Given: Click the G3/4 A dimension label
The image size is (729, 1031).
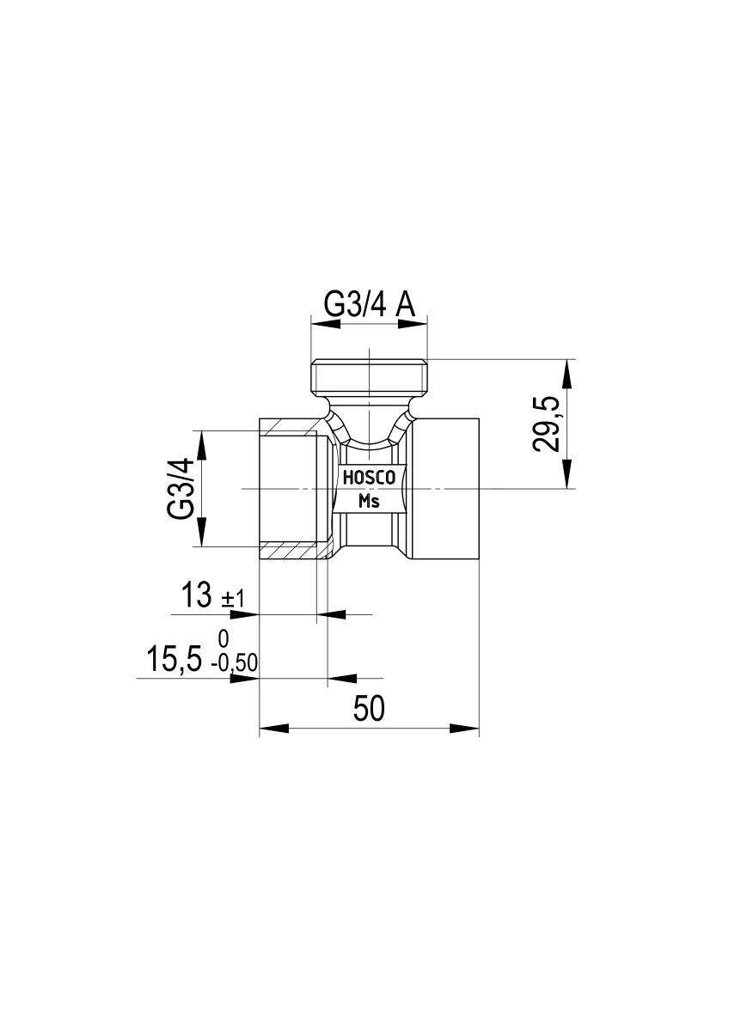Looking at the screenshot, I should (x=369, y=304).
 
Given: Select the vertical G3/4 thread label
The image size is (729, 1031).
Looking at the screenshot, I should (x=181, y=489).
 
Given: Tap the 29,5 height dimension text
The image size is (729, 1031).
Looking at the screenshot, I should (x=546, y=424).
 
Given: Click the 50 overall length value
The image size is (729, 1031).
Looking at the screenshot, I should (x=369, y=709).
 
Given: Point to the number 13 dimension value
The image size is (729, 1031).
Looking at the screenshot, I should (x=197, y=595).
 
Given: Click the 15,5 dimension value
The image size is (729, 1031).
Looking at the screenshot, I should (x=174, y=660).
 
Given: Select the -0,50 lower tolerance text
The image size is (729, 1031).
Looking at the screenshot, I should (x=235, y=663).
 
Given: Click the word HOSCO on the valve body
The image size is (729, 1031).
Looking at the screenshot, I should (x=369, y=479).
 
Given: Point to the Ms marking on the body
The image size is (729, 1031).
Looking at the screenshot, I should (x=369, y=501).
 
